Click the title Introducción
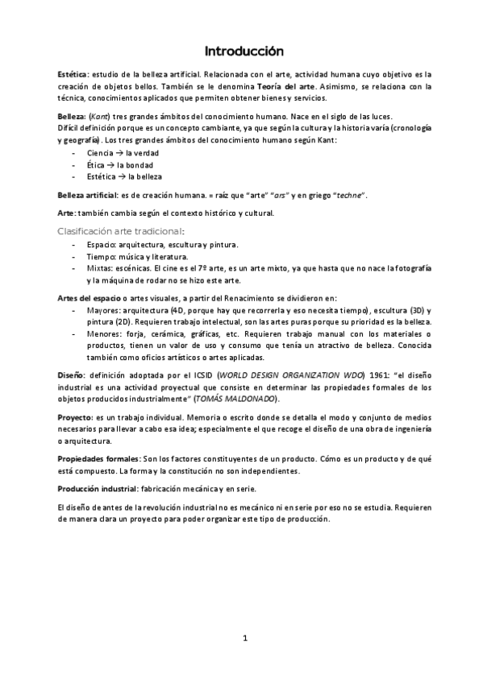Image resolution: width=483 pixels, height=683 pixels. click(244, 52)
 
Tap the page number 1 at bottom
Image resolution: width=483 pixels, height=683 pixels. click(244, 639)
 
